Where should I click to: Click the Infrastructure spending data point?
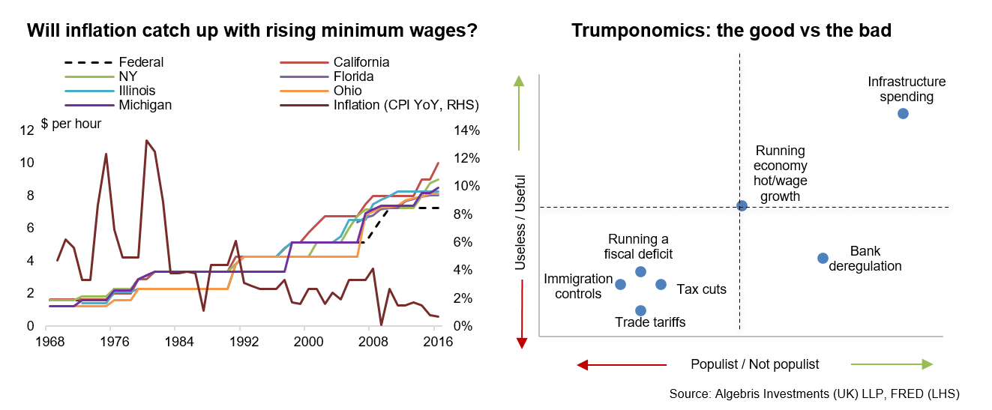pyautogui.click(x=903, y=113)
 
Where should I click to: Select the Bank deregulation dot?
pyautogui.click(x=823, y=258)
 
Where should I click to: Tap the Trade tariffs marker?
pyautogui.click(x=640, y=310)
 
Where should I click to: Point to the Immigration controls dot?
pyautogui.click(x=620, y=284)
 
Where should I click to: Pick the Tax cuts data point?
pyautogui.click(x=661, y=284)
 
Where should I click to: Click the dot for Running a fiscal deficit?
pyautogui.click(x=640, y=271)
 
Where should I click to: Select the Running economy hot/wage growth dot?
pyautogui.click(x=742, y=205)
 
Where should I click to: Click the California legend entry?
pyautogui.click(x=361, y=62)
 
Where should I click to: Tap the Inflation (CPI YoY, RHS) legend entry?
pyautogui.click(x=406, y=105)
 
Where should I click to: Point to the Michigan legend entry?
pyautogui.click(x=145, y=105)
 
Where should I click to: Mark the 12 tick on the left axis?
pyautogui.click(x=28, y=130)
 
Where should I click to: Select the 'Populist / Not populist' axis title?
pyautogui.click(x=754, y=364)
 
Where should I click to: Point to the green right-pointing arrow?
pyautogui.click(x=892, y=364)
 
